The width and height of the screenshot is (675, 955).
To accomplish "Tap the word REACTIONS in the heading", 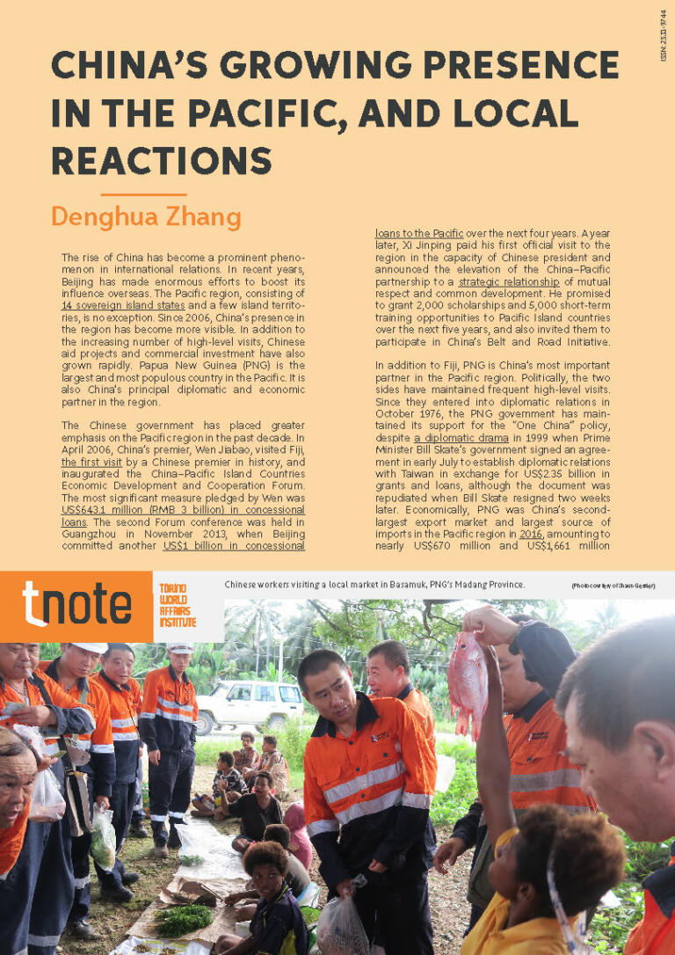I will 161,161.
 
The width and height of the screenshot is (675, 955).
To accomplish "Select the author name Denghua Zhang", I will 145,215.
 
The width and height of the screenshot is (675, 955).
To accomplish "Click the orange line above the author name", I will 143,194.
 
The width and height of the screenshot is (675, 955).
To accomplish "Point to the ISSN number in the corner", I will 663,35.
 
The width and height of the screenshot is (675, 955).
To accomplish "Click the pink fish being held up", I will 467,676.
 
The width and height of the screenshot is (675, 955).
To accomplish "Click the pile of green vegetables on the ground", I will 182,919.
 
